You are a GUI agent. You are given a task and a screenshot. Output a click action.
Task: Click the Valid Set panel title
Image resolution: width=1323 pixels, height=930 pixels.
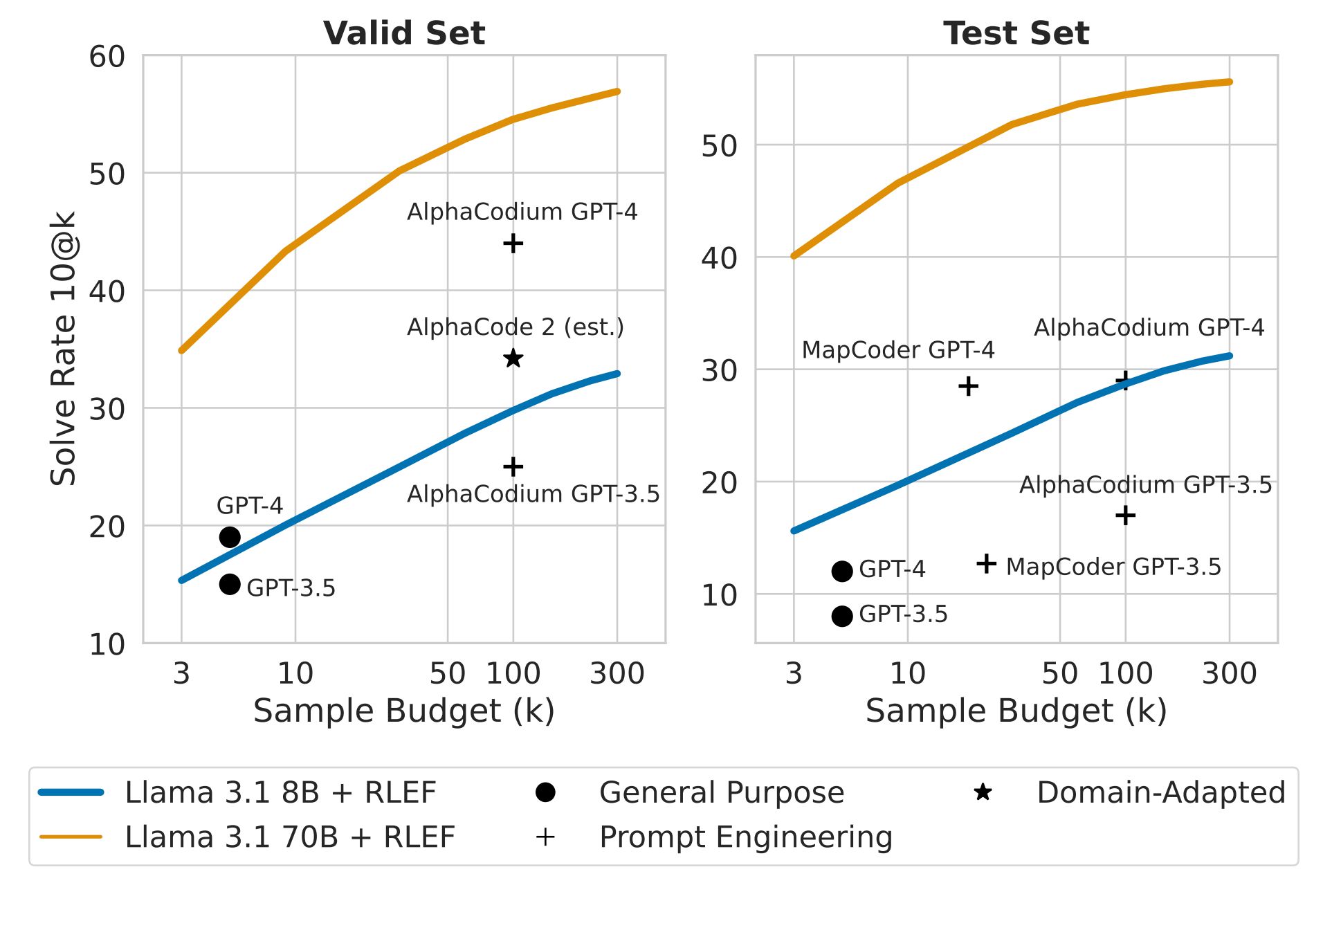tap(404, 33)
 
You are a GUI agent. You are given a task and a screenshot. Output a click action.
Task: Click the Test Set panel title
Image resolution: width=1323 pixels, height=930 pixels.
tap(1016, 33)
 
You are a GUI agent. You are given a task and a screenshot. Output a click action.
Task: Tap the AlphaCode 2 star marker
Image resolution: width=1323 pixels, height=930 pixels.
tap(513, 358)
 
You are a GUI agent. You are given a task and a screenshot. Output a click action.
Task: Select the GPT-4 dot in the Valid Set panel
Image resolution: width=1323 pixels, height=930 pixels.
tap(230, 537)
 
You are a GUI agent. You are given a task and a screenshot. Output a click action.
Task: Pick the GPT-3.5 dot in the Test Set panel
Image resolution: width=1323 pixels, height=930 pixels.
tap(841, 616)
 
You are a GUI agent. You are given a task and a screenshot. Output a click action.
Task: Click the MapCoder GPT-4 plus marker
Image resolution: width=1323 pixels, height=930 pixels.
tap(968, 386)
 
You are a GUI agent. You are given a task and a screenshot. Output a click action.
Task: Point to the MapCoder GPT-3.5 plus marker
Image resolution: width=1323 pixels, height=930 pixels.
tap(986, 564)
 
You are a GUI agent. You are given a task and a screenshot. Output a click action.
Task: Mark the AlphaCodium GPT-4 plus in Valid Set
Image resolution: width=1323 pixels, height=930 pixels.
tap(513, 244)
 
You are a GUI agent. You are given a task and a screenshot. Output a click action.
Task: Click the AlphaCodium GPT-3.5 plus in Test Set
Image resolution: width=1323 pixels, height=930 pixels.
tap(1125, 516)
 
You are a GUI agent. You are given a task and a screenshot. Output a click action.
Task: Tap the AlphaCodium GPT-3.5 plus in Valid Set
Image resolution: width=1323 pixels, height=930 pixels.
tap(513, 467)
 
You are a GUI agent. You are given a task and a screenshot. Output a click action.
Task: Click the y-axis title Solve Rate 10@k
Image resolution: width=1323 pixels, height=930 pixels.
tap(63, 349)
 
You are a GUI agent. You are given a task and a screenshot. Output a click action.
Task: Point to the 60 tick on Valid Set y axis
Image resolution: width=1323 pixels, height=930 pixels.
tap(107, 57)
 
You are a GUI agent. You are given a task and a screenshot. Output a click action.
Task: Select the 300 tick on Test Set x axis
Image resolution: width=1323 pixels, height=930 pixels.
tap(1229, 673)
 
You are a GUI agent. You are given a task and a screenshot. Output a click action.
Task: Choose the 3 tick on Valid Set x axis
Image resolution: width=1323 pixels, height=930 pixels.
tap(181, 673)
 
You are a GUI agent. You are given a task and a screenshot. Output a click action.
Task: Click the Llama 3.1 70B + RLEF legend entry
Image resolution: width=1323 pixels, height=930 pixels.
tap(289, 837)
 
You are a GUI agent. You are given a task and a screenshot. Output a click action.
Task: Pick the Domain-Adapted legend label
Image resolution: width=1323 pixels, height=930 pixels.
tap(1160, 793)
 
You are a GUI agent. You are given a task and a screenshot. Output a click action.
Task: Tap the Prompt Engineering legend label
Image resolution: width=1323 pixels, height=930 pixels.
tap(745, 837)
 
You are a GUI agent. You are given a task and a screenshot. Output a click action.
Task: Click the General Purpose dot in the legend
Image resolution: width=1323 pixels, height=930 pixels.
tap(545, 793)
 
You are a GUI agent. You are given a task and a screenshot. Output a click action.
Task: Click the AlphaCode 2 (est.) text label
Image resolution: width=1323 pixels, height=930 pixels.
tap(515, 327)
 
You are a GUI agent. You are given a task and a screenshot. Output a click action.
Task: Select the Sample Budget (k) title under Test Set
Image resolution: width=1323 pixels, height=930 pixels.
tap(1016, 711)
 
